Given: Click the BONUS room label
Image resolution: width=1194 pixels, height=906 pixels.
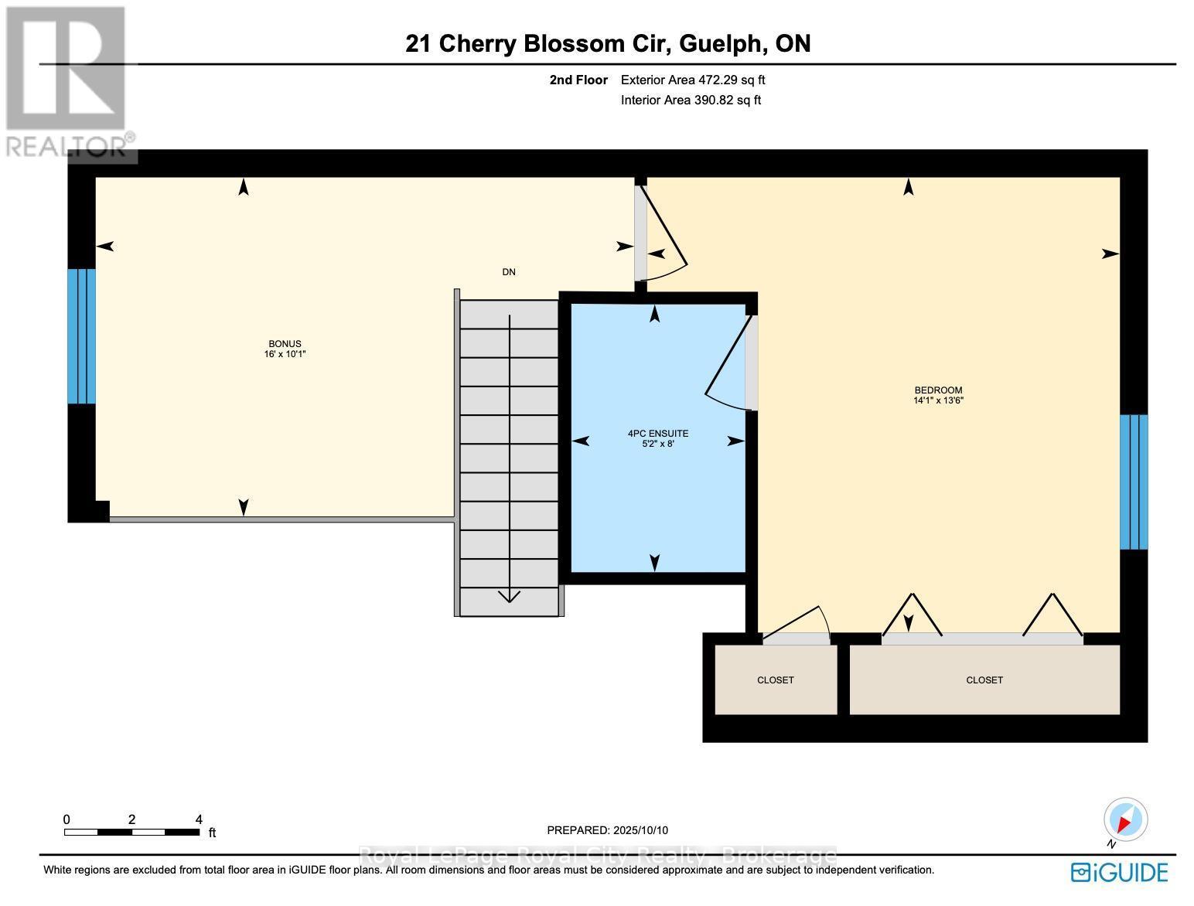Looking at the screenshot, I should (x=285, y=344).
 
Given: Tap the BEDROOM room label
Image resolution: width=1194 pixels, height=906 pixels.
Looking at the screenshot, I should (x=938, y=390).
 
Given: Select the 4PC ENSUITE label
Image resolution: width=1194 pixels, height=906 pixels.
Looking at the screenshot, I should (x=657, y=434).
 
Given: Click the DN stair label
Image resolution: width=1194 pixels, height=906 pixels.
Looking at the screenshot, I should (x=509, y=272).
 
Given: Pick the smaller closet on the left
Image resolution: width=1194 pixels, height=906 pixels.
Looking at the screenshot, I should (x=776, y=679).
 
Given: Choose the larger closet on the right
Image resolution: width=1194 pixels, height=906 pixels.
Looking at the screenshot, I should (x=984, y=679).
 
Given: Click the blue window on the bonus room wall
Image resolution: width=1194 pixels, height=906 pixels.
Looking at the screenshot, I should (x=81, y=336).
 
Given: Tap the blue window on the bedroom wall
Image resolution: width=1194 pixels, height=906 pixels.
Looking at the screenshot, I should (x=1134, y=482).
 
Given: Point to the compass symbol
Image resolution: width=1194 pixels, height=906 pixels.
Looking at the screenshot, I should (x=1126, y=820).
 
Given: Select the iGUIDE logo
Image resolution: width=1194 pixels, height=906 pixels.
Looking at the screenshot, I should (x=1119, y=873).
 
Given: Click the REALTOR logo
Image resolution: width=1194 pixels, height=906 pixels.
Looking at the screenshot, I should (x=68, y=81).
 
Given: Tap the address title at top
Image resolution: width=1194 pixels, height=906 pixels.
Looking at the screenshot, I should (x=608, y=43).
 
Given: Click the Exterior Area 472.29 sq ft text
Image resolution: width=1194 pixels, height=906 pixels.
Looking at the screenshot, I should (x=693, y=80).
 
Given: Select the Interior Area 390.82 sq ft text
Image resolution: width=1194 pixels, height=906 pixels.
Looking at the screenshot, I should (x=691, y=100).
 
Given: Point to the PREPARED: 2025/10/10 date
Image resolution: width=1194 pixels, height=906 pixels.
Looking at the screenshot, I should (x=607, y=830).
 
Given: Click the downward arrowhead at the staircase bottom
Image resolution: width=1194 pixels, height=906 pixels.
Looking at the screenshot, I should (x=509, y=596).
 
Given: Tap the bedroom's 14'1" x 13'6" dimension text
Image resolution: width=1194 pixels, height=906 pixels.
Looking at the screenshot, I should (x=938, y=400).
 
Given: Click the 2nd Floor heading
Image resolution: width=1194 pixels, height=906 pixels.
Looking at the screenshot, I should (x=578, y=80).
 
